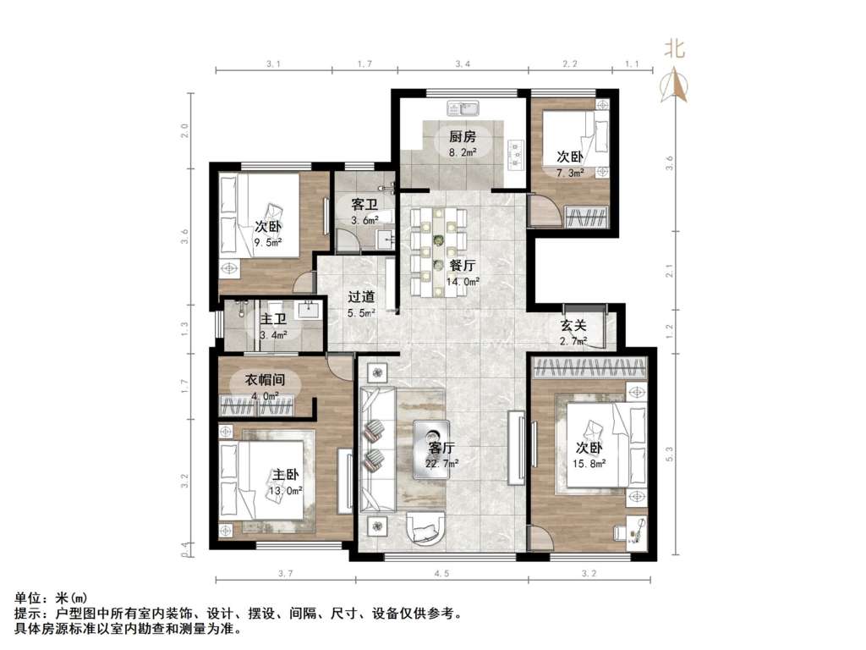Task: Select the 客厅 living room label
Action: (441, 447)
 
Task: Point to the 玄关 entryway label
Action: (573, 325)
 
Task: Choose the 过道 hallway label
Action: (361, 297)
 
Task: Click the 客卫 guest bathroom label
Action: (364, 205)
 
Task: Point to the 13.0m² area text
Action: (287, 490)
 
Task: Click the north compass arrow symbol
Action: (673, 85)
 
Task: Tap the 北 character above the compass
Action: (673, 49)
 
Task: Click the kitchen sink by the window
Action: (463, 109)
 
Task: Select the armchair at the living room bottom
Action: (428, 528)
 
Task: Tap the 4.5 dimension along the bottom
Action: (441, 575)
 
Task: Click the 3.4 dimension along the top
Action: (460, 63)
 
